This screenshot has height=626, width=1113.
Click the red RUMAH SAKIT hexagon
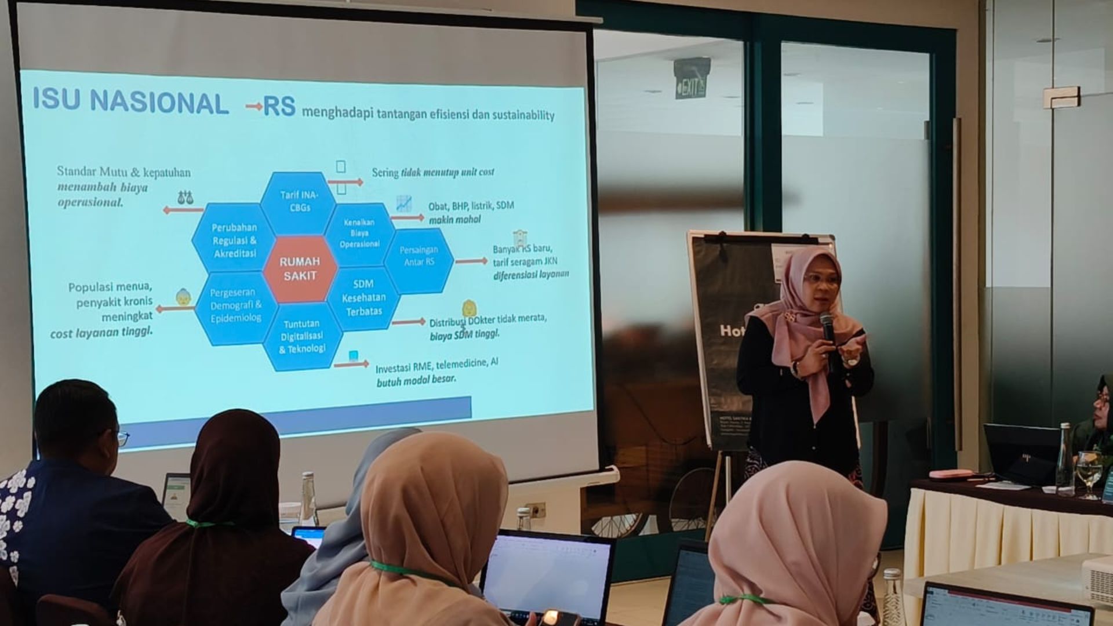point(299,268)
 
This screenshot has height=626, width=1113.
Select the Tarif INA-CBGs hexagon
point(299,201)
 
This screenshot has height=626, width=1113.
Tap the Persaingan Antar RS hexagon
point(419,256)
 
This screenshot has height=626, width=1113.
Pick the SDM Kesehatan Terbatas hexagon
point(363,297)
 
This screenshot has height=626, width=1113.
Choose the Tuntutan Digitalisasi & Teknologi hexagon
point(302,336)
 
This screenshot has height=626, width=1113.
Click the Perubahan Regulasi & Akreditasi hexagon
point(234,240)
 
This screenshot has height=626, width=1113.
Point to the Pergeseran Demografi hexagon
point(235,305)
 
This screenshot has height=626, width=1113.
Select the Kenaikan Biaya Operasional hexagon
point(359,233)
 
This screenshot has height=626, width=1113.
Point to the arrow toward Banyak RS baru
point(471,261)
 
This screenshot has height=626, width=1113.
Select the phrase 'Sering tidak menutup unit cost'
point(432,172)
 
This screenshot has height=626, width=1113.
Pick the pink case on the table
point(950,475)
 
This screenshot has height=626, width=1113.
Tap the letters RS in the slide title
point(279,107)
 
